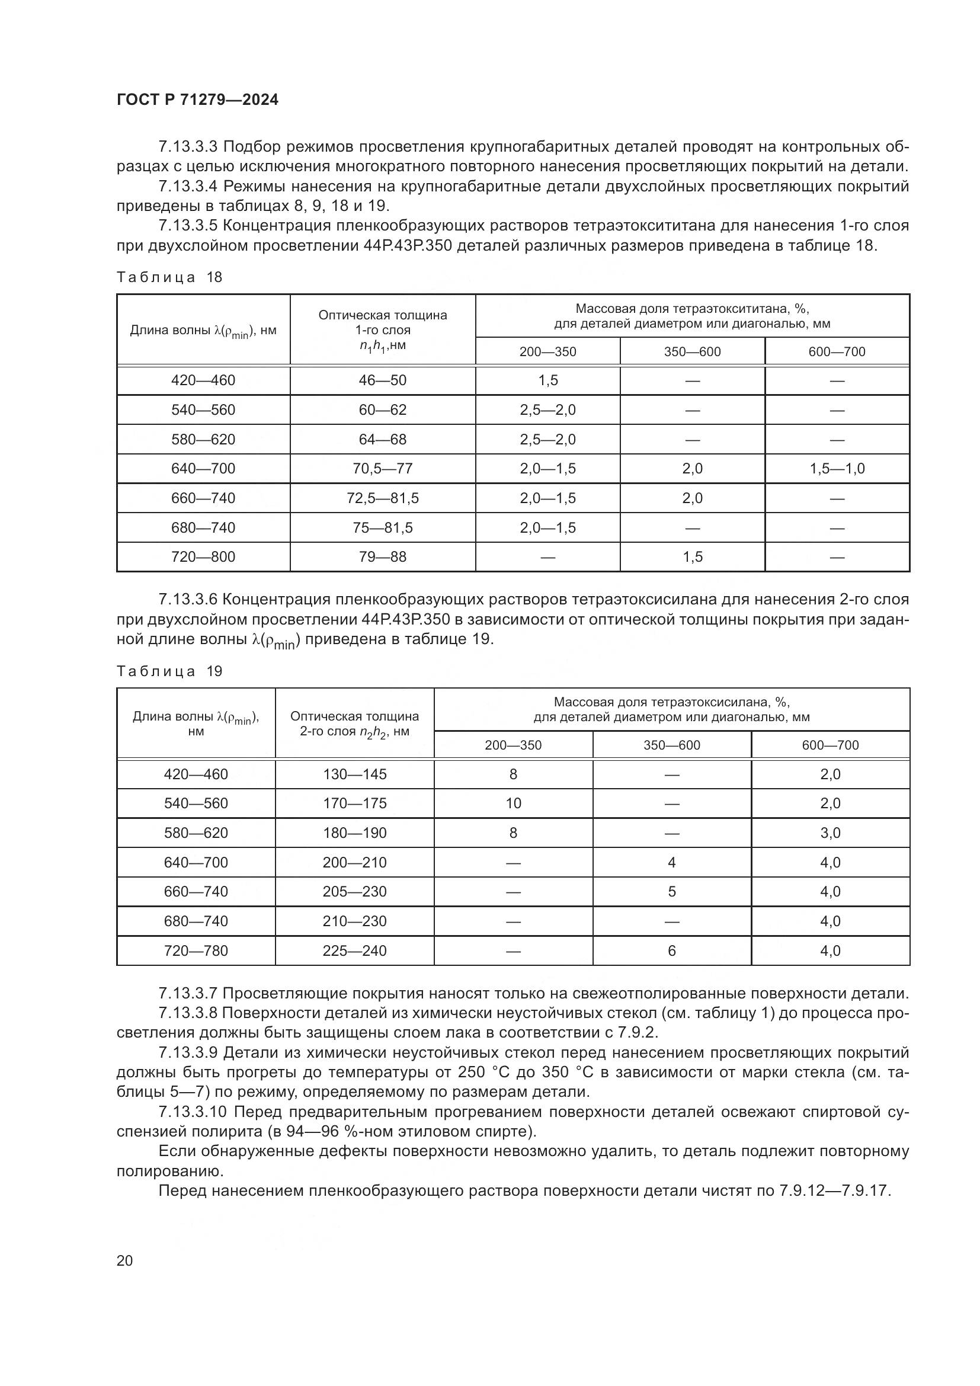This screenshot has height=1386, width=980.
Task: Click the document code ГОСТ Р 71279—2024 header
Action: point(197,100)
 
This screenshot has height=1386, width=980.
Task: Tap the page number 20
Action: point(124,1260)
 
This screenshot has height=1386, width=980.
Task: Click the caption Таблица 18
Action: point(169,277)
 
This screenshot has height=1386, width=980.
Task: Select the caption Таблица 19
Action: point(169,671)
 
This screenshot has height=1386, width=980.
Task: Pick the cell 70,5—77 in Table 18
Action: point(383,469)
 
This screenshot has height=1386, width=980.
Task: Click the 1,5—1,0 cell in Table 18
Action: point(837,469)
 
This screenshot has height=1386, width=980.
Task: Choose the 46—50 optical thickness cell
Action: point(383,380)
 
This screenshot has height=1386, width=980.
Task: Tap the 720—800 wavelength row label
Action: point(203,556)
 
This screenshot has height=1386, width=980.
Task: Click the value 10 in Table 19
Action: point(513,804)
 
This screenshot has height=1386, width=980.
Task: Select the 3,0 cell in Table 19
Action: point(830,833)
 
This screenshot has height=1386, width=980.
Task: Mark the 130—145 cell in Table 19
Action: point(354,774)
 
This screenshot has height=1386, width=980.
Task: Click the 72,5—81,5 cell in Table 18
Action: point(383,498)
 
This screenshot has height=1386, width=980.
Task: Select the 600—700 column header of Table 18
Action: point(837,351)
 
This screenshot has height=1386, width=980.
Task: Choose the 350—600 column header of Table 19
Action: point(672,745)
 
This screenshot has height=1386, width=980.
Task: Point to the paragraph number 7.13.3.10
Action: point(193,1112)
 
